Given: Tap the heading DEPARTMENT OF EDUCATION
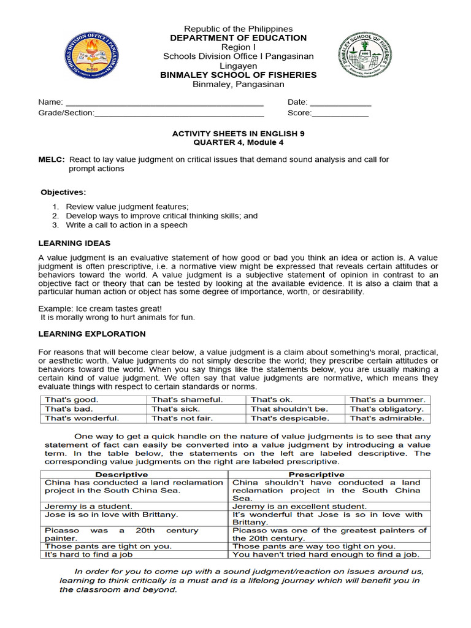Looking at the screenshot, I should [238, 38].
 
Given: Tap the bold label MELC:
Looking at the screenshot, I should [51, 159].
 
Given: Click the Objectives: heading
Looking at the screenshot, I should [64, 192].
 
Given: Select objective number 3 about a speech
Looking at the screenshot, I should [126, 225].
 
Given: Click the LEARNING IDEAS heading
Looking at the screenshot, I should [74, 243].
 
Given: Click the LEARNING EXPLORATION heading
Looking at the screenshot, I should [92, 334].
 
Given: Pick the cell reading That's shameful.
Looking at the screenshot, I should [187, 400].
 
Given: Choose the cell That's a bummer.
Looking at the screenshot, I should [387, 400].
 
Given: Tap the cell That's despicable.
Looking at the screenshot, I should [289, 419].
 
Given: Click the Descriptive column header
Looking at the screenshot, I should [121, 475].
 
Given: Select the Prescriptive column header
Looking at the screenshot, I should [316, 475].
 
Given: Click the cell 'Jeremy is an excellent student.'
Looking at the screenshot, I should [299, 507].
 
